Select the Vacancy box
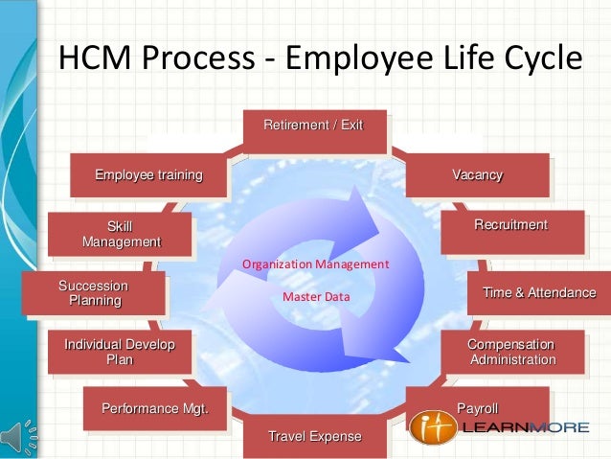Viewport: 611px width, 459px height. click(477, 175)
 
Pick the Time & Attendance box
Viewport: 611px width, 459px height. click(539, 293)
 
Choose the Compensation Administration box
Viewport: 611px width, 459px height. click(510, 352)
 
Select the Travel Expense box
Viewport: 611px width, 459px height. click(314, 438)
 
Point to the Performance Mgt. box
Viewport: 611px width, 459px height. click(154, 410)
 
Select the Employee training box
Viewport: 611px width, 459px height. click(148, 175)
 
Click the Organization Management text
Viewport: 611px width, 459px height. click(315, 264)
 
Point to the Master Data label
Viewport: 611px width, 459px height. click(316, 297)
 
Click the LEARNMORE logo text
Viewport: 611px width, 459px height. click(525, 427)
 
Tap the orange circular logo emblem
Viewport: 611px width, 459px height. click(432, 427)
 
